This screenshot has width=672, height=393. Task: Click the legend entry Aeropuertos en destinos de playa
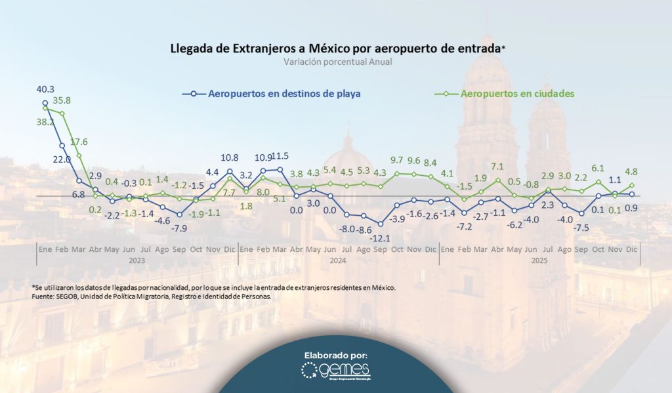283,94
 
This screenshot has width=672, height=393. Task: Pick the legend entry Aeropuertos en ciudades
518,94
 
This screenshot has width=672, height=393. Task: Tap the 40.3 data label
45,89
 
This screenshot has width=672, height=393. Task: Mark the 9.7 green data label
396,160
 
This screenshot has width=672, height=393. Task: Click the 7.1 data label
497,167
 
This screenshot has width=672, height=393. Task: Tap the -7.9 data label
179,228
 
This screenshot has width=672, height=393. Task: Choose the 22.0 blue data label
61,159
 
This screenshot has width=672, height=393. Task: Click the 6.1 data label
598,168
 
